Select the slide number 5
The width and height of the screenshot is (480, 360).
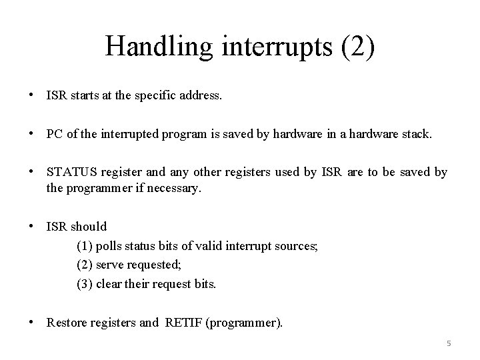pyautogui.click(x=449, y=344)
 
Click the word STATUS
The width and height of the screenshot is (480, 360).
pyautogui.click(x=71, y=173)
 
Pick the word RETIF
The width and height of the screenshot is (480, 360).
pyautogui.click(x=183, y=323)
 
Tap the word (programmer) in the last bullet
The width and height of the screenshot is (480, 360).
pyautogui.click(x=244, y=323)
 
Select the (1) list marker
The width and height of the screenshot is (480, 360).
pyautogui.click(x=85, y=246)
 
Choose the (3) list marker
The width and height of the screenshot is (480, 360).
pyautogui.click(x=85, y=284)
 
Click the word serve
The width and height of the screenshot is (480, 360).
pyautogui.click(x=111, y=265)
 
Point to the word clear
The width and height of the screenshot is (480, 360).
pyautogui.click(x=109, y=284)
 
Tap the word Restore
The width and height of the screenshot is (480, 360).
pyautogui.click(x=67, y=323)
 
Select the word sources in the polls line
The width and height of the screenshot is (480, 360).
pyautogui.click(x=297, y=246)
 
